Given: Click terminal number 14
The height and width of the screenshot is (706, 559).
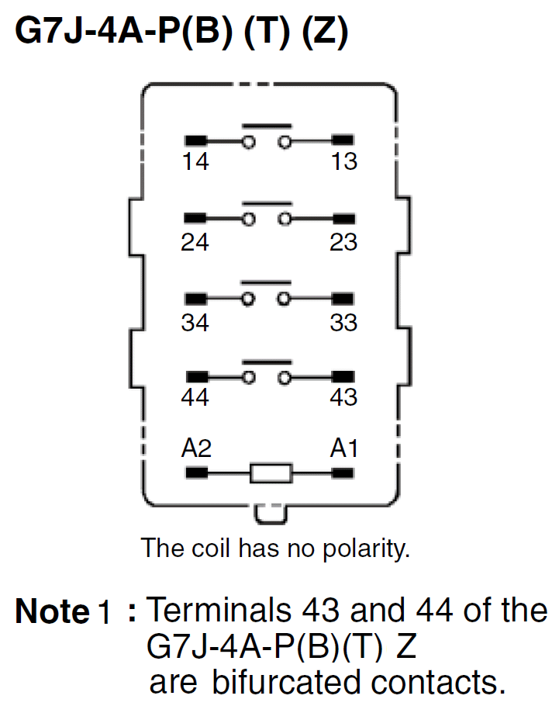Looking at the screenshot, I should click(195, 163).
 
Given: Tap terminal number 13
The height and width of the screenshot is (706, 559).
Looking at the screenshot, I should click(343, 163).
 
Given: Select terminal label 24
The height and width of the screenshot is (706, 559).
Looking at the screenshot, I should click(195, 243).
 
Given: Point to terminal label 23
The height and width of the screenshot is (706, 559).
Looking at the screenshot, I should click(343, 243).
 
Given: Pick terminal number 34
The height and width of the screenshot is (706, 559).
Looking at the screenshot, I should click(195, 322).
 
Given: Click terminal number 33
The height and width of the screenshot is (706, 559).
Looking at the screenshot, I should click(343, 322).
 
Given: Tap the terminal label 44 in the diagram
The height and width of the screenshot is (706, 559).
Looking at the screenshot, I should click(195, 397).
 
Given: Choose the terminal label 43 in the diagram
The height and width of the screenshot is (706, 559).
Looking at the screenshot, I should click(343, 397).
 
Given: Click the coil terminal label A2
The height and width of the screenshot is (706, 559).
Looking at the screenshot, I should click(196, 448).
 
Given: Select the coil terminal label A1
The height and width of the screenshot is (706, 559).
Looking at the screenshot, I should click(344, 448).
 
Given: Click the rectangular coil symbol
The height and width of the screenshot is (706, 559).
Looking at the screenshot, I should click(271, 472).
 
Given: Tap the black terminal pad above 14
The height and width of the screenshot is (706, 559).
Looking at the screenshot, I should click(195, 141).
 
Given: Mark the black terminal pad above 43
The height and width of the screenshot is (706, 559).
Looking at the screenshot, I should click(343, 377).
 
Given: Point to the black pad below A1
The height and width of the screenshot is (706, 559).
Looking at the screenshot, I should click(343, 472).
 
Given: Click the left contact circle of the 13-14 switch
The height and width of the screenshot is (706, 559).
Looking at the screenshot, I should click(248, 141).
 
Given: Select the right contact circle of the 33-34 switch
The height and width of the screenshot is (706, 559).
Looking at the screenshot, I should click(285, 299).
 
